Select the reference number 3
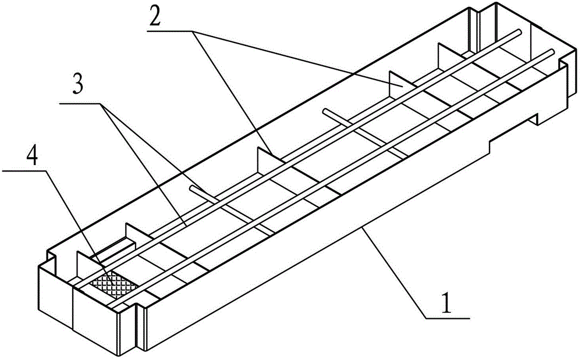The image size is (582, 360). pos(77,86)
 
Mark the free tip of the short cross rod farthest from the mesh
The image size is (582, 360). pos(324,109)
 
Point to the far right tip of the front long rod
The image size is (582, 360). pos(550,51)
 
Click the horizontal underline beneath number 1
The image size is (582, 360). pos(448,318)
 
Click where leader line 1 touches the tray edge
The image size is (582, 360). pos(363,230)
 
